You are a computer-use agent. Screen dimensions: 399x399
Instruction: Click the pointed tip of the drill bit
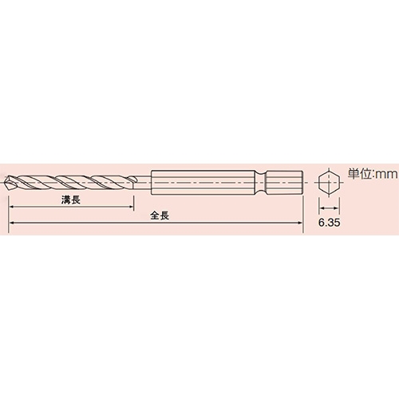point(6,183)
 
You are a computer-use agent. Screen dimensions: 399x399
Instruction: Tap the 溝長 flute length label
point(71,199)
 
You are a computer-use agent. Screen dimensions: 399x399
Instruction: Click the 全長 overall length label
point(160,215)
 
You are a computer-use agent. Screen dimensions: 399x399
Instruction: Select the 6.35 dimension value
point(330,223)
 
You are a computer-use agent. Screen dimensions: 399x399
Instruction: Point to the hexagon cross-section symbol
point(329,183)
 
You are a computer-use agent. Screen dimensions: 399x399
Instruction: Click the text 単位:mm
point(373,174)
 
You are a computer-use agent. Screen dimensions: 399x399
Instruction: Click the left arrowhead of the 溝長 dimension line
point(12,207)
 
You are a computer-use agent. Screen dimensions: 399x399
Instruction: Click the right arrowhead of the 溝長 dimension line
point(130,207)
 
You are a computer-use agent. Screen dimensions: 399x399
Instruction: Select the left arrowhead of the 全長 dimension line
point(12,223)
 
